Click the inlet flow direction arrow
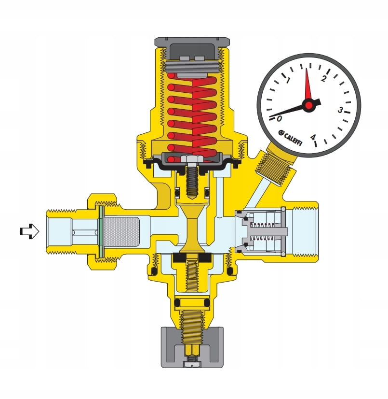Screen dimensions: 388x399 29,231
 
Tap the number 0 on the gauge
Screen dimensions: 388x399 279,118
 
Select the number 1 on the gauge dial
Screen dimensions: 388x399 288,81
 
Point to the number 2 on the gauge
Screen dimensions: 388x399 323,79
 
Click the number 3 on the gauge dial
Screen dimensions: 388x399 340,110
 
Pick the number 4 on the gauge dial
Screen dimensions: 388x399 313,137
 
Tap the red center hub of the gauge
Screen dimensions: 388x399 309,105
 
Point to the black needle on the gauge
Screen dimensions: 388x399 294,110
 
